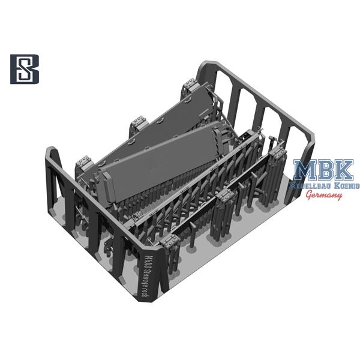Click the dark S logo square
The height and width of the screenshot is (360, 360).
coord(25,69)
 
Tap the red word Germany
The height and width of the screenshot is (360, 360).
coord(324,196)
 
